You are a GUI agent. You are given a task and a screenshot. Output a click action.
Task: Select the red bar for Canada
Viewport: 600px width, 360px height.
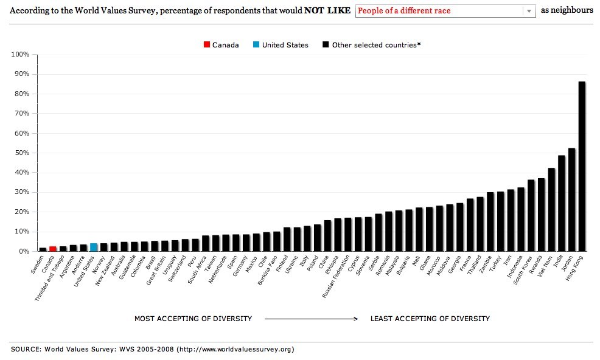tap(53, 249)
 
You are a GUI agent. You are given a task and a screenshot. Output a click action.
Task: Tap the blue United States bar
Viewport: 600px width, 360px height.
tap(94, 247)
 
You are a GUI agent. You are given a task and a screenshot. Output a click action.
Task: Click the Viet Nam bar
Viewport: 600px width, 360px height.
tap(551, 209)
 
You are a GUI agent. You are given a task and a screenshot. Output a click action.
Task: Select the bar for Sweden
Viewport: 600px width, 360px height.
tap(43, 249)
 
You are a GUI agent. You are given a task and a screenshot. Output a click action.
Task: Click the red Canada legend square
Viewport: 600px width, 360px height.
tap(207, 45)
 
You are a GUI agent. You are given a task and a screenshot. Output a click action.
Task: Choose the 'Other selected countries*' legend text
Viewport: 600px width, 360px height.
tap(376, 45)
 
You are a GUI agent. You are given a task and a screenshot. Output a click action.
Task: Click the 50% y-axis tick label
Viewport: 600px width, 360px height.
tap(22, 153)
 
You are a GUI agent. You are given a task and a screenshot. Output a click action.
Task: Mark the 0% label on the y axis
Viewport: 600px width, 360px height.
tap(23, 251)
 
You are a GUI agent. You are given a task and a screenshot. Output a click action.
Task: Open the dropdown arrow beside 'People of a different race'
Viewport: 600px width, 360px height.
tap(529, 11)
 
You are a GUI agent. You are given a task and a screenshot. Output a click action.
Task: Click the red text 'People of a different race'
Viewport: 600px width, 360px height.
tap(404, 11)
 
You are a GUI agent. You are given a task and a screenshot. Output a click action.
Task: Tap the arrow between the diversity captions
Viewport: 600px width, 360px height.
tap(311, 319)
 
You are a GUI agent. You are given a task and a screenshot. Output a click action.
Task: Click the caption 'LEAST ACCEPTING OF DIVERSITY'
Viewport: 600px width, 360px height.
tap(430, 319)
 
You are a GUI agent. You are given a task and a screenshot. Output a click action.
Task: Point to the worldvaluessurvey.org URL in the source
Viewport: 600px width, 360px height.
tap(236, 350)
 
